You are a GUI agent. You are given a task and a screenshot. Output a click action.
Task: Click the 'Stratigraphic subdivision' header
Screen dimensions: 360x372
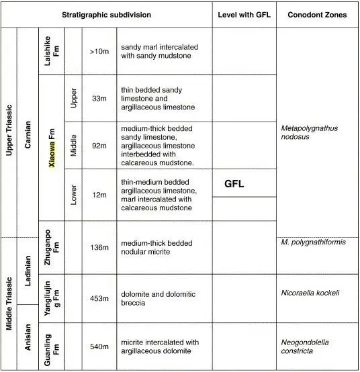coord(107,14)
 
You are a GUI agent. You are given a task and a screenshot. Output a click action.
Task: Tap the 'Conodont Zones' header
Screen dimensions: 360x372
coord(316,14)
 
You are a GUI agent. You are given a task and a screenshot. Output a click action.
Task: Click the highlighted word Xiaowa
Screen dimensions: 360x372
coord(52,142)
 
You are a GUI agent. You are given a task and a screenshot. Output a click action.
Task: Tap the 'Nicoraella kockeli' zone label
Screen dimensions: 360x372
coord(310,293)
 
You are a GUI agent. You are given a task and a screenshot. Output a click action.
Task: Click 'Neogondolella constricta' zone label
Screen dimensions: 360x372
coord(306,346)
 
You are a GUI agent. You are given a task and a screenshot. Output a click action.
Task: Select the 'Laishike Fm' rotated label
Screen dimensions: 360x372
coord(52,50)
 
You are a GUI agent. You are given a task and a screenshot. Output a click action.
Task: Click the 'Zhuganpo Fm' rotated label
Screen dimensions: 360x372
coord(52,246)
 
